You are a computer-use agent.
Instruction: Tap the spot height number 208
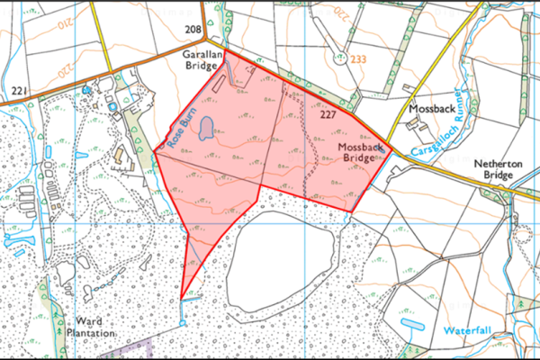pyautogui.click(x=193, y=31)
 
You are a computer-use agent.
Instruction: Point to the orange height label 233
pyautogui.click(x=360, y=58)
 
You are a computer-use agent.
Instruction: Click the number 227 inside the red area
pyautogui.click(x=328, y=114)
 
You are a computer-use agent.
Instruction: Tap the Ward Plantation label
pyautogui.click(x=92, y=327)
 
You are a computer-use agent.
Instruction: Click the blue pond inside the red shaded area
pyautogui.click(x=207, y=128)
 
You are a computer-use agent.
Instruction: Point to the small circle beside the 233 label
pyautogui.click(x=339, y=57)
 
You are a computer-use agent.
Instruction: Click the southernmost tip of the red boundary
pyautogui.click(x=182, y=300)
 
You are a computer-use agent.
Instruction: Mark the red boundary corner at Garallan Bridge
pyautogui.click(x=223, y=51)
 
